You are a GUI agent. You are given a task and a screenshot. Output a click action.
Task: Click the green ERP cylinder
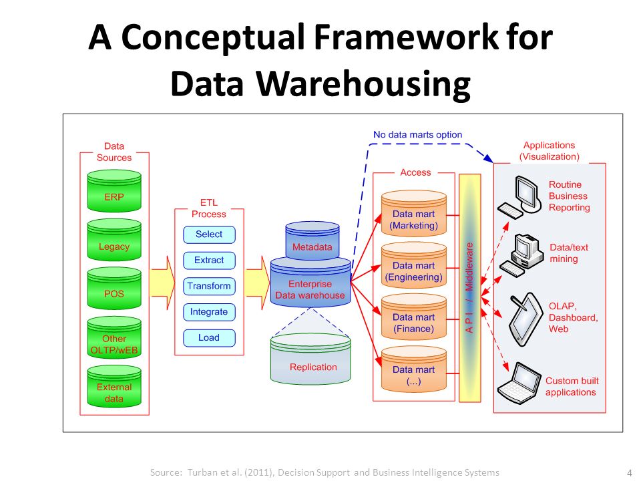[114, 191]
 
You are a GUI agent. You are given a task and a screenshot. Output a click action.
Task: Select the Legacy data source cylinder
[114, 240]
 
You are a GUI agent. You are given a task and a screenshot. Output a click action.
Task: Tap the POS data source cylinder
[114, 289]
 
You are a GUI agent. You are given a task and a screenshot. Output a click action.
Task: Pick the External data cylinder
[114, 387]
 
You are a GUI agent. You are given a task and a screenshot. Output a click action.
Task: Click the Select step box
[209, 234]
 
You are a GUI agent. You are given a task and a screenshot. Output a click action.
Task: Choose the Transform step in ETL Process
[209, 286]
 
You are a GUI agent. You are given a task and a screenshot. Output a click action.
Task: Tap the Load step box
[209, 338]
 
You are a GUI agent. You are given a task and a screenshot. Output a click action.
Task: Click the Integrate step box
[209, 312]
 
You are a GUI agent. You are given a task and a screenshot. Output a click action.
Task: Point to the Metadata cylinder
[312, 241]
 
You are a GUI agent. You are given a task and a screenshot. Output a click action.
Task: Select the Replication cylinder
[310, 359]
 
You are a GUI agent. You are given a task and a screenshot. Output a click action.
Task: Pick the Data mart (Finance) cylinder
[414, 317]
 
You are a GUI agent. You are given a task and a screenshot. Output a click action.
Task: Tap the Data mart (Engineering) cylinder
[414, 265]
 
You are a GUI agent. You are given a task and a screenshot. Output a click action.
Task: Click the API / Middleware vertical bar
[469, 288]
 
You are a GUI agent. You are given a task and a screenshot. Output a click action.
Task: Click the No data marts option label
[417, 134]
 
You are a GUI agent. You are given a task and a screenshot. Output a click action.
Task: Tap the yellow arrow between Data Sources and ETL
[162, 283]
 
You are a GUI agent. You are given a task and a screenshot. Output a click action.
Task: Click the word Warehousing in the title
[363, 84]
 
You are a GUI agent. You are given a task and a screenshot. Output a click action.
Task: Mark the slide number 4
[630, 472]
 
